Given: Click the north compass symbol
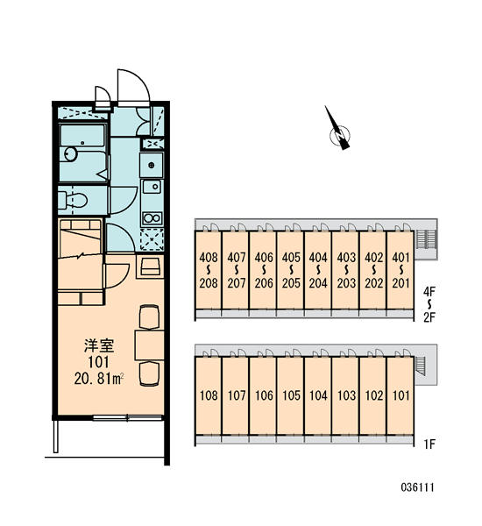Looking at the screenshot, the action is click(339, 130).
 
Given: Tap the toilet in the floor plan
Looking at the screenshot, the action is click(73, 200).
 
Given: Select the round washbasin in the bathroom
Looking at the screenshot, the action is click(71, 154).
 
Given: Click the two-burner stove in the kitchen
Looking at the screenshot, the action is click(152, 218).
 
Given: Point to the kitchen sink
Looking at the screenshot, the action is click(152, 187).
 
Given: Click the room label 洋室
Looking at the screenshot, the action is click(99, 346).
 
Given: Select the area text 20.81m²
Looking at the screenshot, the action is click(99, 379).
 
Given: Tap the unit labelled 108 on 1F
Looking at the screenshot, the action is click(209, 395).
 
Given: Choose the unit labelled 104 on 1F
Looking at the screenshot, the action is click(318, 395).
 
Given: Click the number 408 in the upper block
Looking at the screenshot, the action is click(209, 258).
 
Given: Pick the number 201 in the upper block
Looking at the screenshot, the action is click(400, 283).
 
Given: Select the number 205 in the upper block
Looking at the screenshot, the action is click(291, 283).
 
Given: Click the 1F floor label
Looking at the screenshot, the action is click(429, 444).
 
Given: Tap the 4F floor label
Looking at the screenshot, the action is click(429, 292).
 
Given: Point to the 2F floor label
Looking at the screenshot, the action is click(429, 317).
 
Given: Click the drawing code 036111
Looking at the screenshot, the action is click(418, 487).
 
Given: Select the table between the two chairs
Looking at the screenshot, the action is click(149, 345).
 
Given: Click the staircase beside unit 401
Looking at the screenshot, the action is click(425, 239).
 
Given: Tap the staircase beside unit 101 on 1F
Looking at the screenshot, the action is click(420, 365).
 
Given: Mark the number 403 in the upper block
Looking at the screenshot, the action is click(346, 258).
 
